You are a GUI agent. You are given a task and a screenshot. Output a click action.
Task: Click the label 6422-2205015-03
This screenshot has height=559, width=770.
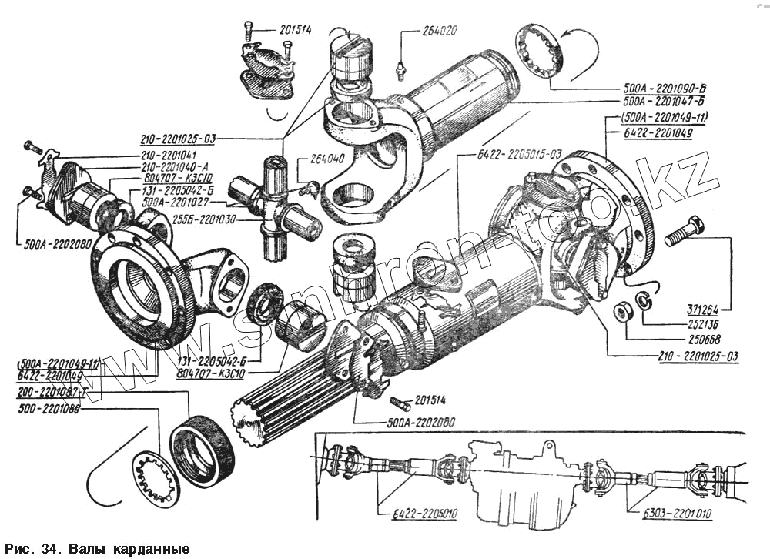510,152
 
